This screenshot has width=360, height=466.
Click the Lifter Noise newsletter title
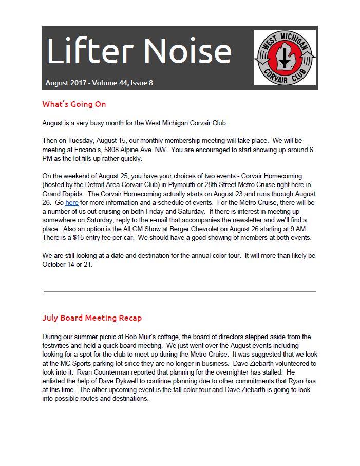point(139,52)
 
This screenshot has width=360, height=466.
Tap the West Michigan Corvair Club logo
point(285,57)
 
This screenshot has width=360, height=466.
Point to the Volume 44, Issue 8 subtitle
point(99,82)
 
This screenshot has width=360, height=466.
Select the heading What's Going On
point(74,104)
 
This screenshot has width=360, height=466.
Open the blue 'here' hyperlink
point(72,203)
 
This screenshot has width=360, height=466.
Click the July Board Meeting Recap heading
point(92,318)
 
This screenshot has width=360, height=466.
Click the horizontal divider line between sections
point(180,291)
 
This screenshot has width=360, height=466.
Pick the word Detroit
point(94,185)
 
